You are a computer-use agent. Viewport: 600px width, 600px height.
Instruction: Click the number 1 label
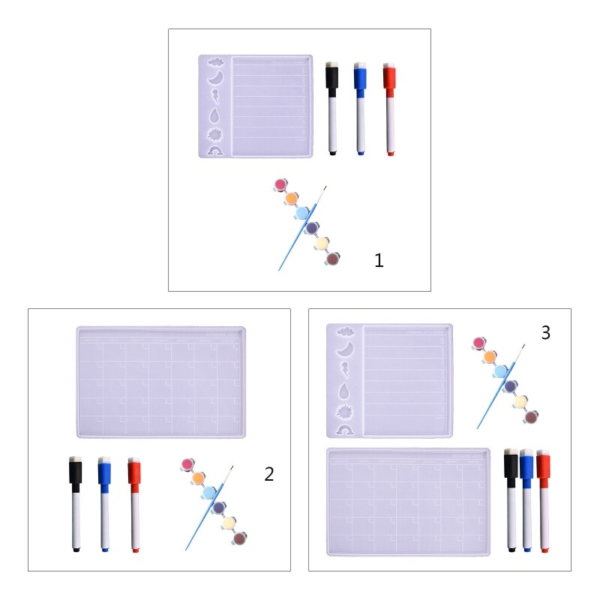(379, 261)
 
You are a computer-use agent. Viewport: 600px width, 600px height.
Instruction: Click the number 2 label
(269, 474)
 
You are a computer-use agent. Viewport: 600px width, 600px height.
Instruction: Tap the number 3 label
(545, 333)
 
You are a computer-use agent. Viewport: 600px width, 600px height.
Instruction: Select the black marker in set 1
(331, 109)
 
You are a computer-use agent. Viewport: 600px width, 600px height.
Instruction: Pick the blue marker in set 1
(360, 109)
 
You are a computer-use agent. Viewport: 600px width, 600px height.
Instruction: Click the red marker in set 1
(389, 109)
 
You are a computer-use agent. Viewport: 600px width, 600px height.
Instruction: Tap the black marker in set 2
(75, 504)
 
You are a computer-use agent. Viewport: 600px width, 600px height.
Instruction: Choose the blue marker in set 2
(104, 504)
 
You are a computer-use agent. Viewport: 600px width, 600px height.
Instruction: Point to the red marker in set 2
(134, 504)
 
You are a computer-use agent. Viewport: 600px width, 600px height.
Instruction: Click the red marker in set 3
(543, 499)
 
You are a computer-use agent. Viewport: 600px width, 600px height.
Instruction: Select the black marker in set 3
(511, 499)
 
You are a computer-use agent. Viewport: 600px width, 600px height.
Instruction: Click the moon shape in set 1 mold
(216, 78)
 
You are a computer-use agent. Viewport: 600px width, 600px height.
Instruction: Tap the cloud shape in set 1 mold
(216, 63)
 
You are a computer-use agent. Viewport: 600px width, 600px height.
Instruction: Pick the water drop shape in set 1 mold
(216, 115)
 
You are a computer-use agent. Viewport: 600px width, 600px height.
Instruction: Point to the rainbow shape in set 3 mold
(346, 430)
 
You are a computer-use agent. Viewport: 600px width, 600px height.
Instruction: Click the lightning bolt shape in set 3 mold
(346, 369)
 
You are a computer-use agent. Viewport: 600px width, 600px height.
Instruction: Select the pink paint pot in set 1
(281, 184)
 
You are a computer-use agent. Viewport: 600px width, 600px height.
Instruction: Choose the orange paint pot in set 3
(490, 357)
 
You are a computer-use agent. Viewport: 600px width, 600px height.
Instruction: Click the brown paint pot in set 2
(239, 538)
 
